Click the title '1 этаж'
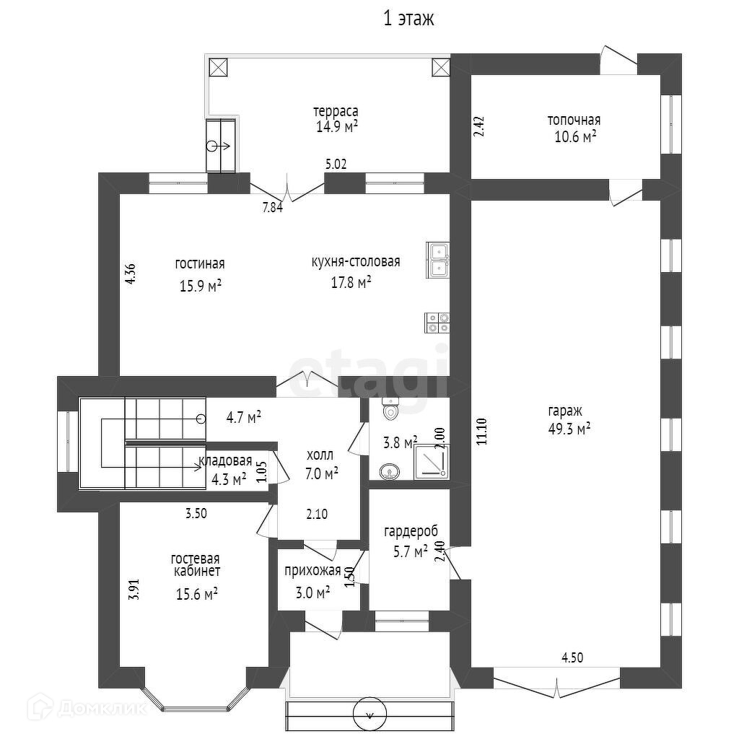408,19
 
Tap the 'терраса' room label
336,112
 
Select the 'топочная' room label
574,121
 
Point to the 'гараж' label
565,411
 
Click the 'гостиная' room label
200,263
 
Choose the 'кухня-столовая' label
355,262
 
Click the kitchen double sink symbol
438,260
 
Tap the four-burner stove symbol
438,322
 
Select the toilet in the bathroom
390,409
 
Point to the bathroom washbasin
390,472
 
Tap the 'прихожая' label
312,571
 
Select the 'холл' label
320,455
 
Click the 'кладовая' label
227,461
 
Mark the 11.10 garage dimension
482,431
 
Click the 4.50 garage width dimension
572,657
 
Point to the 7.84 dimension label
272,208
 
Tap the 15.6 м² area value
197,594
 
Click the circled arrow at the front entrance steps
370,714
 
